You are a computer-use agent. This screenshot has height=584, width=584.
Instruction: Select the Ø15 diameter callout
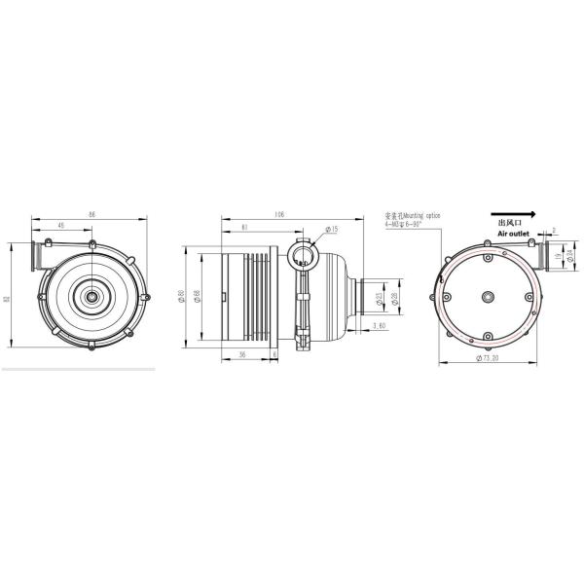(x=331, y=230)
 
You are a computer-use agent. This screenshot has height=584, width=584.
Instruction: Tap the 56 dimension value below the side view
(x=240, y=355)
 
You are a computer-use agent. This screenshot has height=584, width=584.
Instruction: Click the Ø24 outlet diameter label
(x=569, y=257)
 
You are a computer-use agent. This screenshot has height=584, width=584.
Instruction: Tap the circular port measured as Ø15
(x=303, y=257)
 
